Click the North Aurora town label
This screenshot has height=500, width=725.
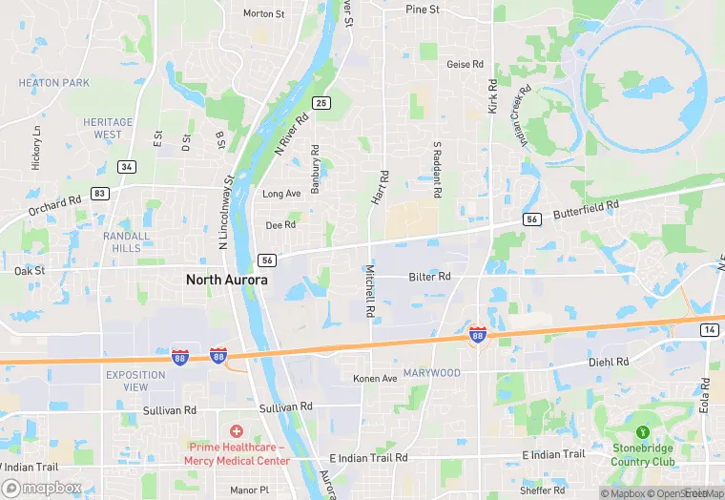(x=226, y=280)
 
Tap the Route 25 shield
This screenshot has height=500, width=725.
(x=321, y=103)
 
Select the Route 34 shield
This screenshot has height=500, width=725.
(x=126, y=166)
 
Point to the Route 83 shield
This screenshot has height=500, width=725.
(x=99, y=193)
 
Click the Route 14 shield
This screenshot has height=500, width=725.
(x=708, y=329)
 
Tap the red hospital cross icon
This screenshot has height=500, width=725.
(x=237, y=431)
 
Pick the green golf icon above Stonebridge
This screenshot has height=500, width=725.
(x=643, y=431)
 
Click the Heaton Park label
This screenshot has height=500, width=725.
(x=54, y=83)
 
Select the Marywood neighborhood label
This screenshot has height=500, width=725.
(x=431, y=373)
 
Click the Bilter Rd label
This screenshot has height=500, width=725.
(x=429, y=277)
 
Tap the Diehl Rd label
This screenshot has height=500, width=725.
(x=609, y=363)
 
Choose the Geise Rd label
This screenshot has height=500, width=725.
(x=466, y=65)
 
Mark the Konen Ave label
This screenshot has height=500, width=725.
(x=375, y=379)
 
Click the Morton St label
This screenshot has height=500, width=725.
(x=264, y=14)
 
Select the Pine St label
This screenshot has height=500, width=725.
(x=422, y=10)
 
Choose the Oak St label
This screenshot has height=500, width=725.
(x=30, y=271)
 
